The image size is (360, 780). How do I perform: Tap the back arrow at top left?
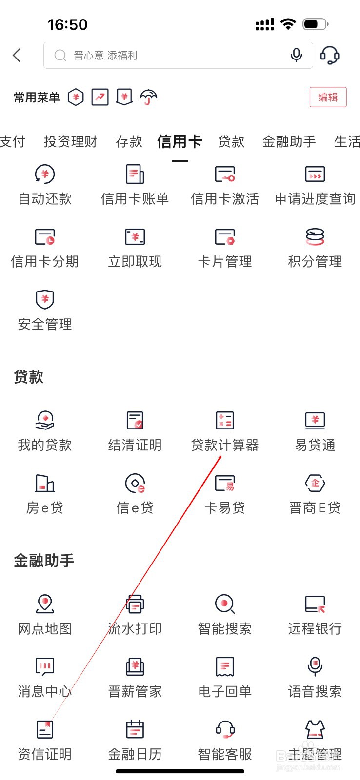click(x=17, y=55)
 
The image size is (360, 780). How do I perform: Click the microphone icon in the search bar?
click(x=296, y=56)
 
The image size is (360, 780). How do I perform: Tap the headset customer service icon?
click(x=330, y=56)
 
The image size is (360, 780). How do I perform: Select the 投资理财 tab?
click(x=70, y=142)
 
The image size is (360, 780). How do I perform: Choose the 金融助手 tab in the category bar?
click(x=289, y=142)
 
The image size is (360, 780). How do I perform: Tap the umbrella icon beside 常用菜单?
click(x=148, y=97)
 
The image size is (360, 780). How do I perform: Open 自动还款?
click(x=45, y=185)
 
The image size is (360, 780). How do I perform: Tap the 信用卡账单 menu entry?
click(x=135, y=185)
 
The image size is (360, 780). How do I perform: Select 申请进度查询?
click(x=315, y=185)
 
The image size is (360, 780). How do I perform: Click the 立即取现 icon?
click(x=135, y=237)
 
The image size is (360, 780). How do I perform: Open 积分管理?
click(x=315, y=248)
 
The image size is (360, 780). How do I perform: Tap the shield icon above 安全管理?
click(x=45, y=299)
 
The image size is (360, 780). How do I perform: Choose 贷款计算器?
click(x=225, y=432)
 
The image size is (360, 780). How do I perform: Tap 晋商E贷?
click(x=315, y=494)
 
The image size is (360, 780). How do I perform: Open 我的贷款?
click(x=45, y=432)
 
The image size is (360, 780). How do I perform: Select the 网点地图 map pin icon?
click(x=45, y=604)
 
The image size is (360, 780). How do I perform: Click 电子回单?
click(x=225, y=678)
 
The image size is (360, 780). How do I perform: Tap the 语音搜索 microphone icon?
click(x=315, y=666)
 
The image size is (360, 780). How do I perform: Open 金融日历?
click(x=135, y=741)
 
